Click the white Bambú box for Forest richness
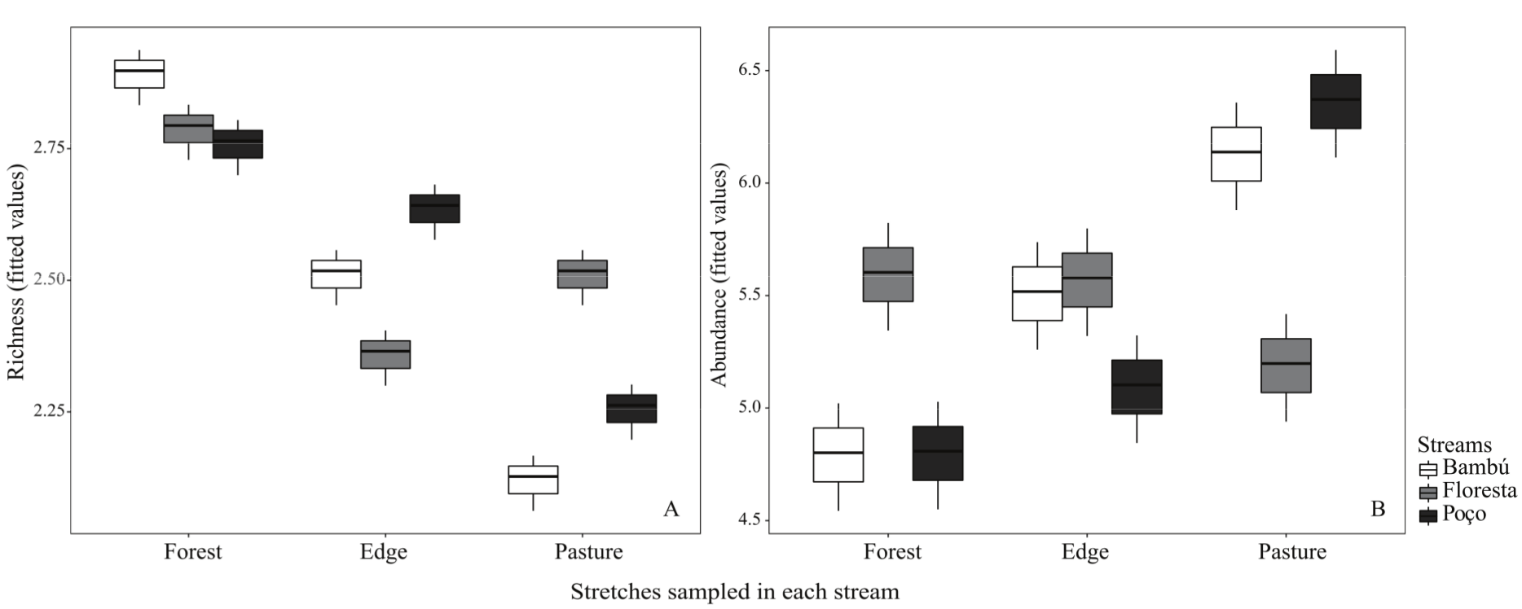(x=139, y=74)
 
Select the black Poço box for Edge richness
(x=434, y=208)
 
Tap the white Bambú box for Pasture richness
(x=533, y=480)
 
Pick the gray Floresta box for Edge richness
(x=385, y=354)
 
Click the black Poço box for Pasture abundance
(x=1335, y=102)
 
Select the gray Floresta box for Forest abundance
(x=887, y=274)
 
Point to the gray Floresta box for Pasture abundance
(x=1286, y=366)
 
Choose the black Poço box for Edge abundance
(x=1137, y=387)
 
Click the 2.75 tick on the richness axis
(x=51, y=148)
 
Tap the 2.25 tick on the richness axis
(x=51, y=411)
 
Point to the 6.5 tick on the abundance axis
(x=754, y=70)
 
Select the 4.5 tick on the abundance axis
(x=754, y=519)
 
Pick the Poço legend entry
(x=1463, y=515)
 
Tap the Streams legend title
(x=1454, y=445)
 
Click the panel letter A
(x=671, y=510)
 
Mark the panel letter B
(x=1378, y=510)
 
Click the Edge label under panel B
(x=1084, y=552)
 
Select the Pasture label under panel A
(x=588, y=552)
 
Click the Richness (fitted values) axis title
(x=17, y=272)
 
